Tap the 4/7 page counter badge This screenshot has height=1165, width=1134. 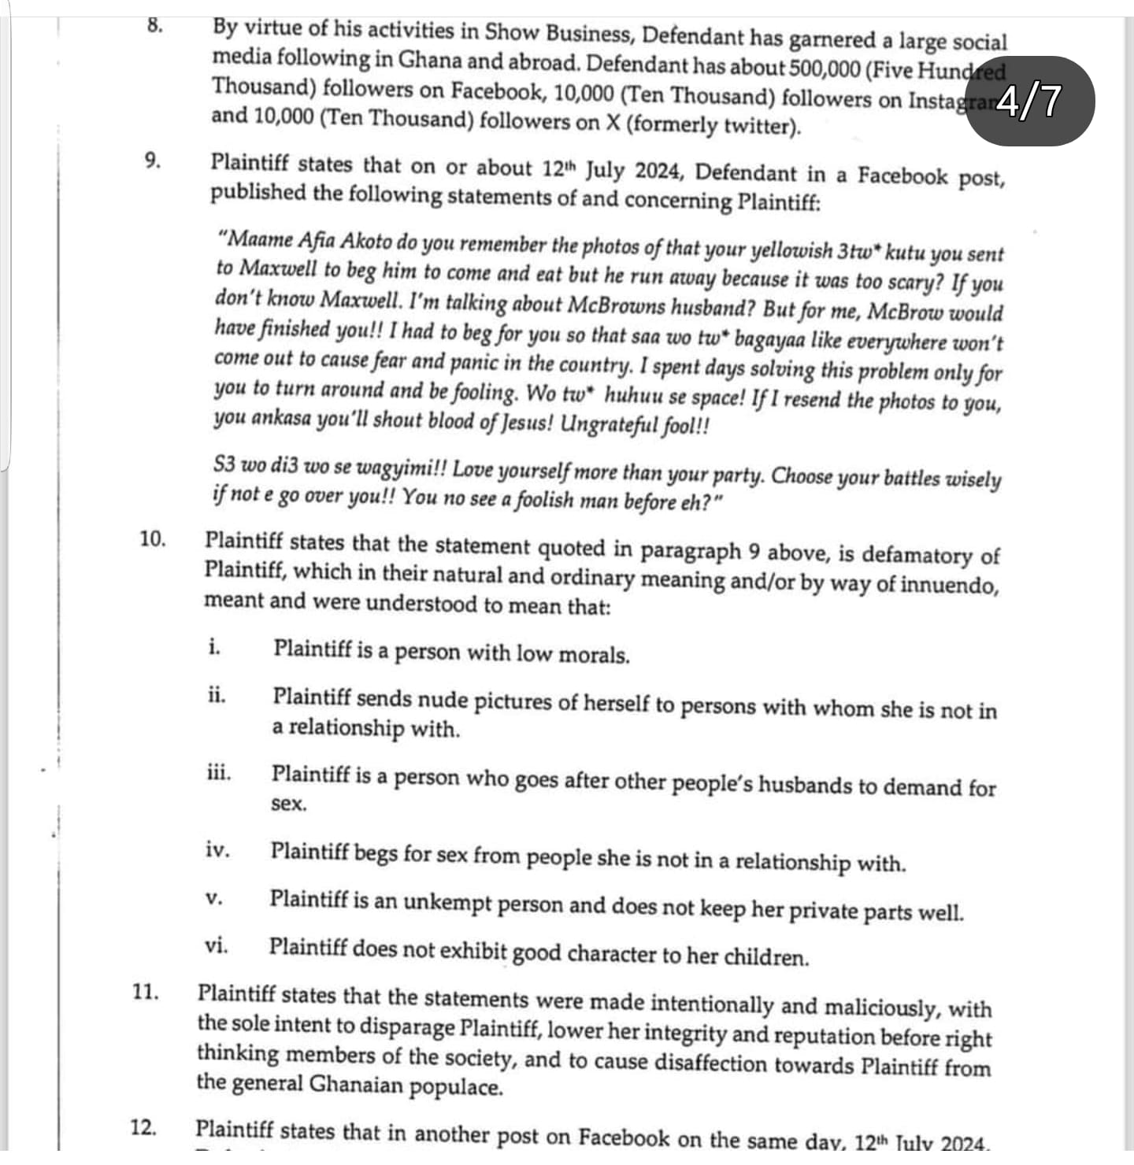[1029, 102]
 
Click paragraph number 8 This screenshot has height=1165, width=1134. [154, 24]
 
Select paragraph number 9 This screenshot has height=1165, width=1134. [153, 161]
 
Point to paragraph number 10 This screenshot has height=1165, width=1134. [153, 539]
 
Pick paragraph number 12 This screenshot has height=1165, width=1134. [143, 1127]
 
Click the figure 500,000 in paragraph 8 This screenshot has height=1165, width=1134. [824, 68]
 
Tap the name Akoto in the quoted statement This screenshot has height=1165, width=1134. [365, 241]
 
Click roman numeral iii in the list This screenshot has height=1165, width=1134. [219, 772]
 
